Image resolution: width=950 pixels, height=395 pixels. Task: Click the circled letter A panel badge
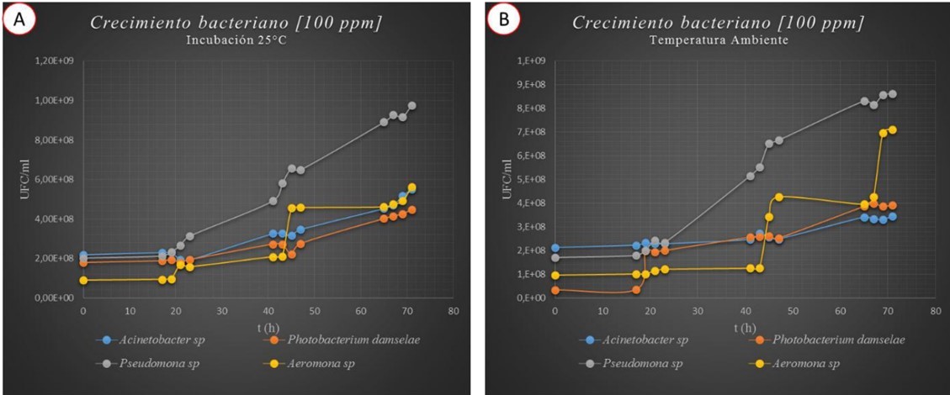point(19,21)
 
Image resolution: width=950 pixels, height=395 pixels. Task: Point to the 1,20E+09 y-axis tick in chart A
point(53,61)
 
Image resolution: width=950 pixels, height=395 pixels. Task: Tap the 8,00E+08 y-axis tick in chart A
point(53,140)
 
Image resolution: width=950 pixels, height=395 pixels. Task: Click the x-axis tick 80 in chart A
point(454,312)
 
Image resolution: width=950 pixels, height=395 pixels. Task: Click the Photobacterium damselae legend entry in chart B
point(824,340)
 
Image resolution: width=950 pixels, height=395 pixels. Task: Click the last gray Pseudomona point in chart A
point(412,106)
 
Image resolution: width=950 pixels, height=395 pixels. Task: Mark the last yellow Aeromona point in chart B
point(893,129)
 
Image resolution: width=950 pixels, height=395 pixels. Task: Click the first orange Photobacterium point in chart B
point(555,290)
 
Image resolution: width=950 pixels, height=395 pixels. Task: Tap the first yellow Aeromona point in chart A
point(83,280)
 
